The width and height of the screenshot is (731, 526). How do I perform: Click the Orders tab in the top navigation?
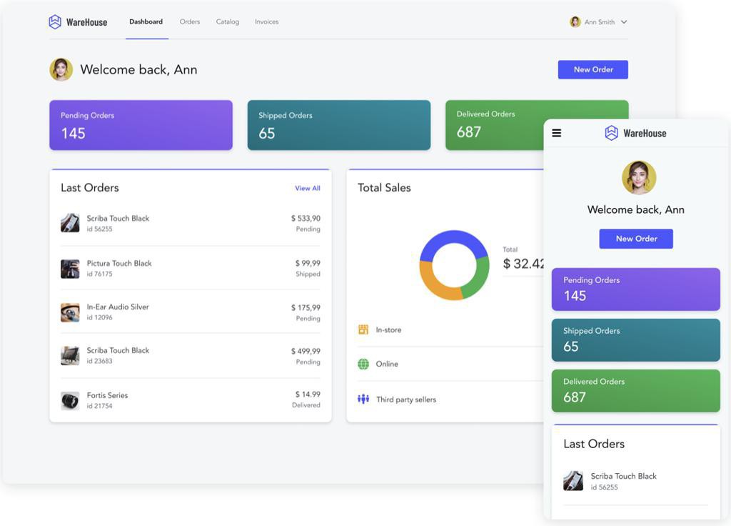[190, 22]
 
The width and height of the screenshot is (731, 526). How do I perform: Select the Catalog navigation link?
[228, 22]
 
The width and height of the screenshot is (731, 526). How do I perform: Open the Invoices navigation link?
[266, 22]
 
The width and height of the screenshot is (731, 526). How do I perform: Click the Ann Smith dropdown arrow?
[624, 22]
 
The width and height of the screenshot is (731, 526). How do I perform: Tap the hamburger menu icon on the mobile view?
[557, 133]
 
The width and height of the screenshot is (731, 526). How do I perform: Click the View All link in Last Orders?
[308, 189]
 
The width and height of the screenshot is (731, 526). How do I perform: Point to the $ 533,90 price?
[306, 218]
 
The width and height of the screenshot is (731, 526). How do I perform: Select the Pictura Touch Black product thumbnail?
[70, 269]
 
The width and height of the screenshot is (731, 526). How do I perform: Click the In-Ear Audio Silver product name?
[118, 307]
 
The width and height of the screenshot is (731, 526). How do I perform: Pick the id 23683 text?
[99, 361]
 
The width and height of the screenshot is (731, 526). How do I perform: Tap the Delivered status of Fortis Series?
[306, 405]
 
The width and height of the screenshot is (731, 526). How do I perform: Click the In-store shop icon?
[363, 329]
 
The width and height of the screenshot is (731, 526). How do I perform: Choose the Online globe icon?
[363, 364]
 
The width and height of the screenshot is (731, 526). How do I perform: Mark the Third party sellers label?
[406, 400]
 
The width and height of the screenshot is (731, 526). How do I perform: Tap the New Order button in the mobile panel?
[636, 239]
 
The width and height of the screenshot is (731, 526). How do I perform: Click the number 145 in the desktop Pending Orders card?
[73, 134]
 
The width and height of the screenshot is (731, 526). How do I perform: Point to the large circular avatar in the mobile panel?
[639, 178]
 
